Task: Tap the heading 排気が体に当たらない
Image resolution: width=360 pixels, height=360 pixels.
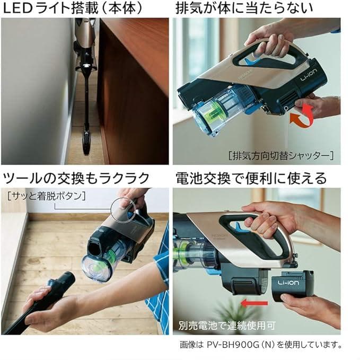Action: pyautogui.click(x=244, y=8)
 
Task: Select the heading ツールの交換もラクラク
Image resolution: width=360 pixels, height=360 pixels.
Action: pyautogui.click(x=76, y=178)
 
